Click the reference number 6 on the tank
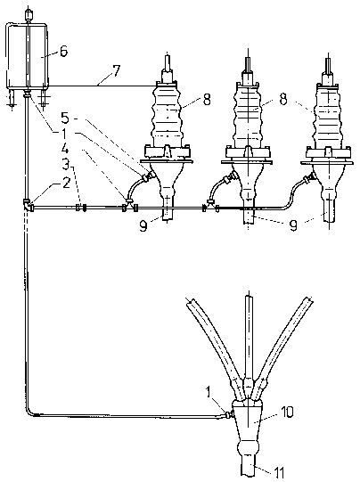coord(63,52)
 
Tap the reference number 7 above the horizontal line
coord(116,71)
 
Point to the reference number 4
coord(65,151)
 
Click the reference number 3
coord(66,165)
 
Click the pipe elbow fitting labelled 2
coord(28,205)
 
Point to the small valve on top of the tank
coord(29,14)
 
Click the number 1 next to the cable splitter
coord(209,394)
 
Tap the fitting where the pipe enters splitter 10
coord(228,414)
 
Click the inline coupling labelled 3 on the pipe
coord(80,208)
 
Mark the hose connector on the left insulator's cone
coord(147,176)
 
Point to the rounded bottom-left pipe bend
coord(29,411)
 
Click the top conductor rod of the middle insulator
coord(248,64)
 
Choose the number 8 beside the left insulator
coord(206,100)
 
